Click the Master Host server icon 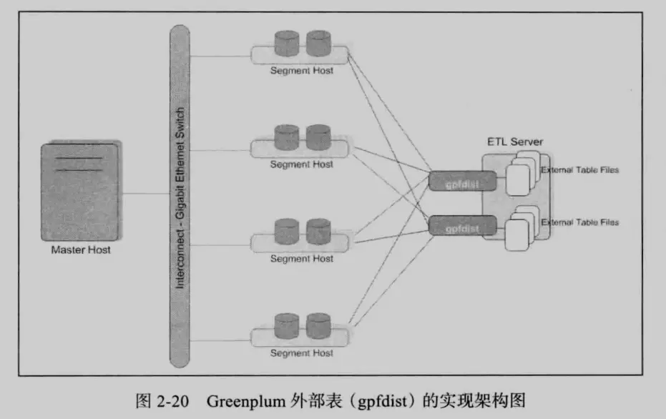(x=79, y=192)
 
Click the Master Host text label (x=81, y=250)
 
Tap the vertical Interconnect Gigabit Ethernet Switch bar (x=181, y=193)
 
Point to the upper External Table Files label (x=579, y=170)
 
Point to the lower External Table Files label (x=579, y=222)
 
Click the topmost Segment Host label (x=301, y=70)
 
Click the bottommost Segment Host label (x=301, y=353)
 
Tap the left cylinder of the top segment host (x=285, y=43)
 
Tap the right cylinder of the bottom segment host (x=318, y=325)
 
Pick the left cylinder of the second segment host (x=285, y=137)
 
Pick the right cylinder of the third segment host (x=318, y=231)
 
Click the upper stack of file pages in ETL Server (x=520, y=175)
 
